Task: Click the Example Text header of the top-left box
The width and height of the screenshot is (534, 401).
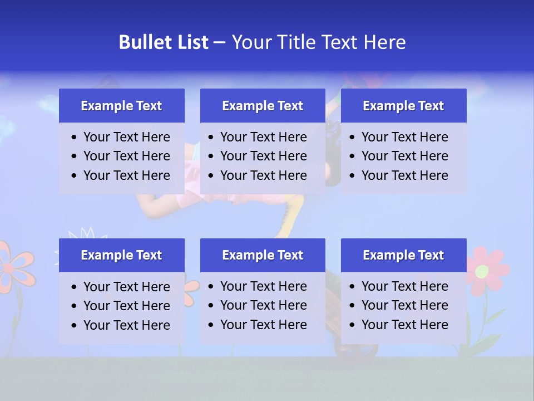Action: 121,106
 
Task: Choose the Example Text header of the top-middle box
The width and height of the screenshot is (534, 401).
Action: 263,106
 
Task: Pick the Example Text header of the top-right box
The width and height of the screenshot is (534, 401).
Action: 403,106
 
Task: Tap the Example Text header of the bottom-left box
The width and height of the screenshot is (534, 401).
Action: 121,255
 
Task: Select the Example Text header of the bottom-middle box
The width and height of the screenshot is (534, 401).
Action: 263,255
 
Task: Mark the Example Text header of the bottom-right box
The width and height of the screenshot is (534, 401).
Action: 403,255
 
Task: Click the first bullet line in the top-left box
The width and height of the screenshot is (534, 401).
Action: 126,137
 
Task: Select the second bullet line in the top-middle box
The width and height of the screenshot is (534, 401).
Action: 263,156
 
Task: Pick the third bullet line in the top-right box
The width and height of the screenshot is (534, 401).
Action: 404,175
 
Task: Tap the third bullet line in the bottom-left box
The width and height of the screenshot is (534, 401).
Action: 126,325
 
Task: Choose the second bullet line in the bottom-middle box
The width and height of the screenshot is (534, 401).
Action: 263,305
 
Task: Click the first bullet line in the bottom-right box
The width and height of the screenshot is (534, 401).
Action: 404,286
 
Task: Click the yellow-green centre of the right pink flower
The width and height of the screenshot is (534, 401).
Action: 482,271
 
